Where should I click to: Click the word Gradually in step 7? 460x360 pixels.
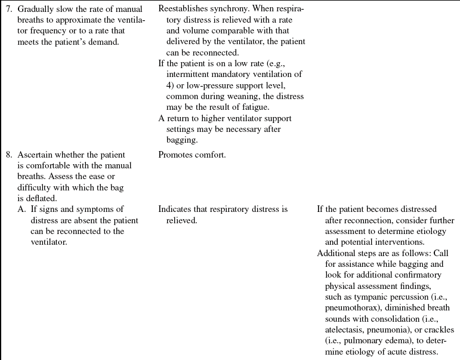point(35,10)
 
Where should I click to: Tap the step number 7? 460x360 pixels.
point(8,10)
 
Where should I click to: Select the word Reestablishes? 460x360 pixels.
point(184,10)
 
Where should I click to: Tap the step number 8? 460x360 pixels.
point(8,155)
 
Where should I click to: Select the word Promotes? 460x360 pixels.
point(175,155)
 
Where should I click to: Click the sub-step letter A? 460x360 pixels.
point(22,210)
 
